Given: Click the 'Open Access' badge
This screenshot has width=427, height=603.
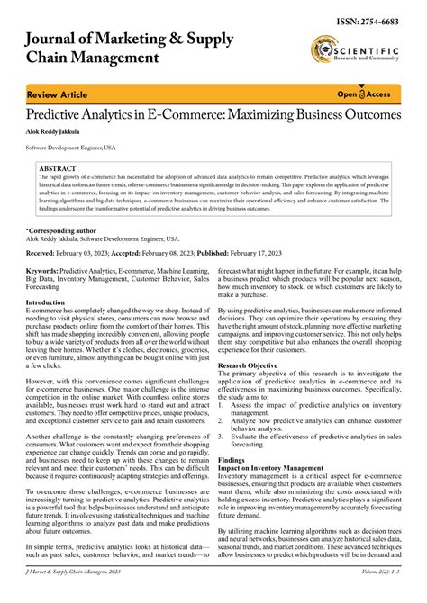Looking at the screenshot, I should (x=362, y=94).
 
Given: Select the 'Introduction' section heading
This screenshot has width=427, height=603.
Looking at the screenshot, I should (x=48, y=302).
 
